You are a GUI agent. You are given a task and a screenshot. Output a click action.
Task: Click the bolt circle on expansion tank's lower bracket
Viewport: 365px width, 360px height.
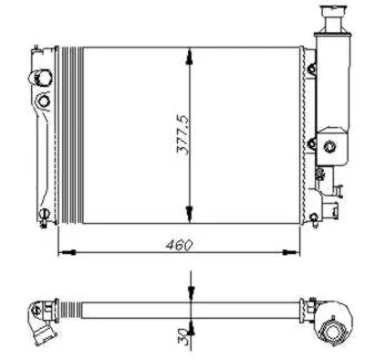pos(314,143)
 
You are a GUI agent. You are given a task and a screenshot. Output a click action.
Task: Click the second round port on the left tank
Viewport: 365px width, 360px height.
pos(42,98)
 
